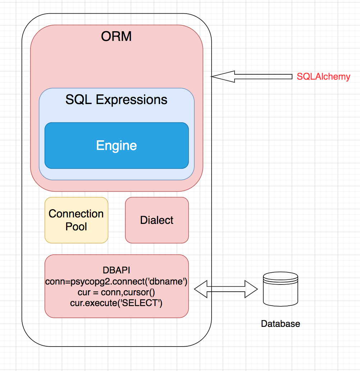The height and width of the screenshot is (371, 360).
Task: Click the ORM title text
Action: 116,36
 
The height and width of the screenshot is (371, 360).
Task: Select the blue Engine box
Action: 116,145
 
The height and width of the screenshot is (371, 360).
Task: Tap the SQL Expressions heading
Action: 116,99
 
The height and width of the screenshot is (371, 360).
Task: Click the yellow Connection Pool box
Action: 76,220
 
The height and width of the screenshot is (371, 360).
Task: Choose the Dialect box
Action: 157,220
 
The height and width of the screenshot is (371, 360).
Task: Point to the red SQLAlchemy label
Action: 323,76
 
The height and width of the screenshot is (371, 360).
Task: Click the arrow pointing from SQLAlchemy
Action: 251,76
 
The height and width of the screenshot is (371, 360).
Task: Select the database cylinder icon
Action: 281,289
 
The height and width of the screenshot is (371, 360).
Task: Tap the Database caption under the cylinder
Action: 280,324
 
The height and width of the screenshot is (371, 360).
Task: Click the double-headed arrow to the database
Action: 226,289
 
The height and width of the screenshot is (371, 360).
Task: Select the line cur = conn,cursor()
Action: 116,292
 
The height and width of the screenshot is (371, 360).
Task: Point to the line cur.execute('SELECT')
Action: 116,303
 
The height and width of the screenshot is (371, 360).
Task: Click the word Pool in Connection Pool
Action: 76,227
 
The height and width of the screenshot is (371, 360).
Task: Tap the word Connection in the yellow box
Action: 76,214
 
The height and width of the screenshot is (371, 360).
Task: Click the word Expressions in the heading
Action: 131,99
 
